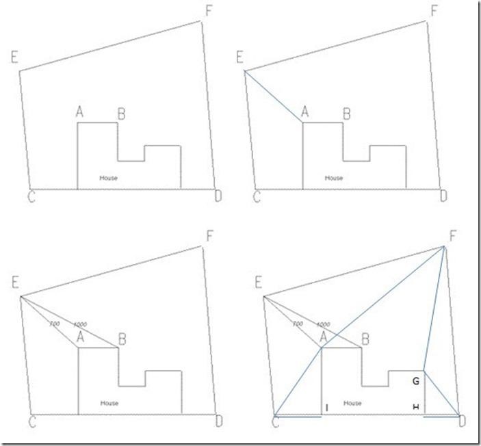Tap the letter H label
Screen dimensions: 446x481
point(415,408)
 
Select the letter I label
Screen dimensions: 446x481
point(327,408)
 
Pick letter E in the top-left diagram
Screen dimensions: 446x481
point(14,57)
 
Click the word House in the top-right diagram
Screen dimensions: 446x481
point(334,178)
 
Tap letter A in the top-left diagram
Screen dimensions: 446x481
point(80,112)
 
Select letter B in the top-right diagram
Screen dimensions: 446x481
point(346,114)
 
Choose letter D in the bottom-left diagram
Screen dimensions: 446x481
point(217,422)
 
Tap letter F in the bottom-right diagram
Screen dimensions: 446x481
point(452,237)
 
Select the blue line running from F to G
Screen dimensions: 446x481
point(434,308)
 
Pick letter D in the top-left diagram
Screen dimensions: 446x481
point(218,197)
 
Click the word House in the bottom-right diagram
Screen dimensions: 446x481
point(352,404)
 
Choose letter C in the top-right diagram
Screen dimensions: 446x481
point(257,197)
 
